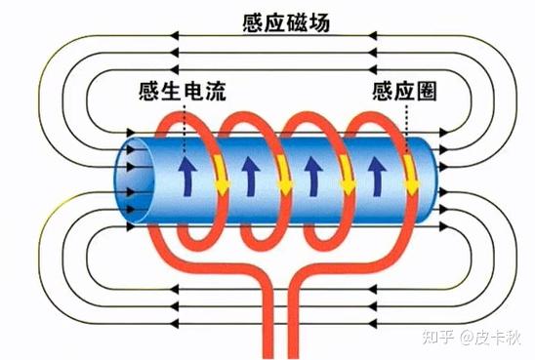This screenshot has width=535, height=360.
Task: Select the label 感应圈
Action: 402,93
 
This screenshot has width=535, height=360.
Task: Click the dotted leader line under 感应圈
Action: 404,127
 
